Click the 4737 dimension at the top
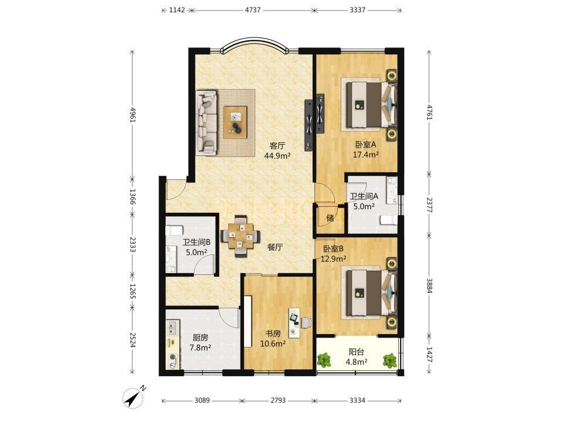tap(252, 10)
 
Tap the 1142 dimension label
tap(177, 10)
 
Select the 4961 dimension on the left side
tap(133, 115)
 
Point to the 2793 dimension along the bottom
tap(278, 400)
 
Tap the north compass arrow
tap(134, 397)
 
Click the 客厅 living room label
tap(277, 146)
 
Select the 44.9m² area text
tap(277, 156)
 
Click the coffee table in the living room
tap(236, 122)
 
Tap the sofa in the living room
tap(206, 122)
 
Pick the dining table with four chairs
tap(240, 236)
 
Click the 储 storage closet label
tap(330, 218)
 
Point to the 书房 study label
tap(273, 333)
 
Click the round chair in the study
tap(306, 323)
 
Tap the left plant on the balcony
tap(325, 360)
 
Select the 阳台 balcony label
tap(356, 352)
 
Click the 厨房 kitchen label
tap(200, 338)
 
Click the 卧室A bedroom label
tap(365, 145)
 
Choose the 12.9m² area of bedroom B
tap(333, 258)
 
